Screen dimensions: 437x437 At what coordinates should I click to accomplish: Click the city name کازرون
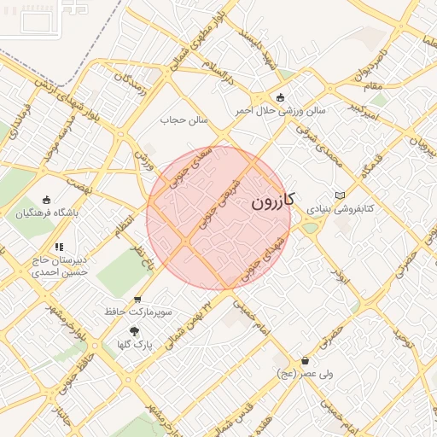(x=273, y=202)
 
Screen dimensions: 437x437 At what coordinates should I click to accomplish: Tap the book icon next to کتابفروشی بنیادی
(x=340, y=195)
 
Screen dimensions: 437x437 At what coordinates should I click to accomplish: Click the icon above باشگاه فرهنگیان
(x=46, y=200)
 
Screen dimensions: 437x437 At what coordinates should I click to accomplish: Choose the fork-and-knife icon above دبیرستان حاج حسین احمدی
(x=60, y=247)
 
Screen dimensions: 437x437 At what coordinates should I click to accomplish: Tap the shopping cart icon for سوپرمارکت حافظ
(x=137, y=300)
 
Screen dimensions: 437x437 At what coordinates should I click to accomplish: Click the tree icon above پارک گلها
(x=134, y=329)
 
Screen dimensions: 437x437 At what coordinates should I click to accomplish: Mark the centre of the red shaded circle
(x=218, y=218)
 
